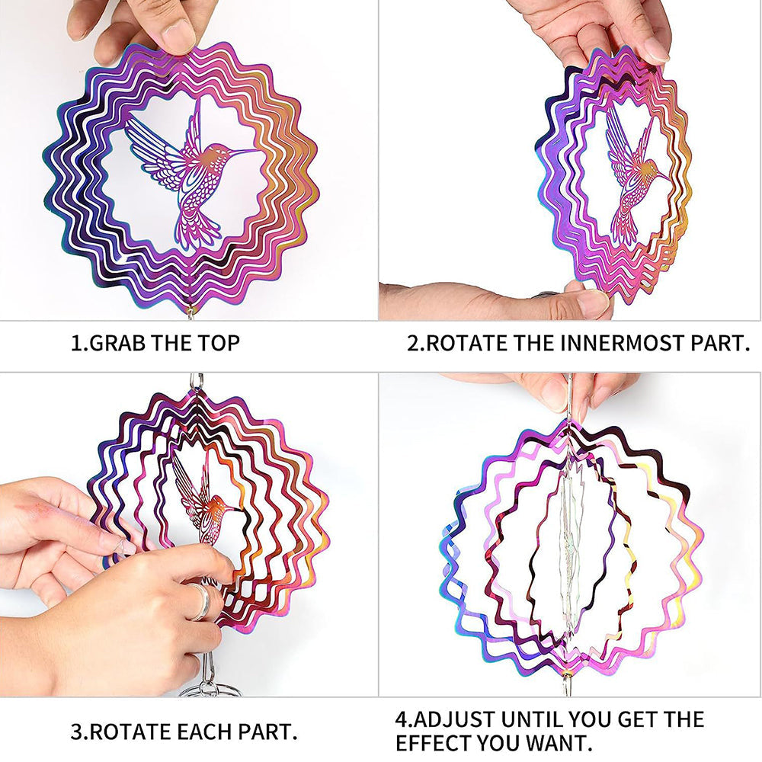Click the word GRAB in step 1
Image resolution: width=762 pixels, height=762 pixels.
point(117,343)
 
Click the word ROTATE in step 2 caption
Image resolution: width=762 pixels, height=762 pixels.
point(467,343)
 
